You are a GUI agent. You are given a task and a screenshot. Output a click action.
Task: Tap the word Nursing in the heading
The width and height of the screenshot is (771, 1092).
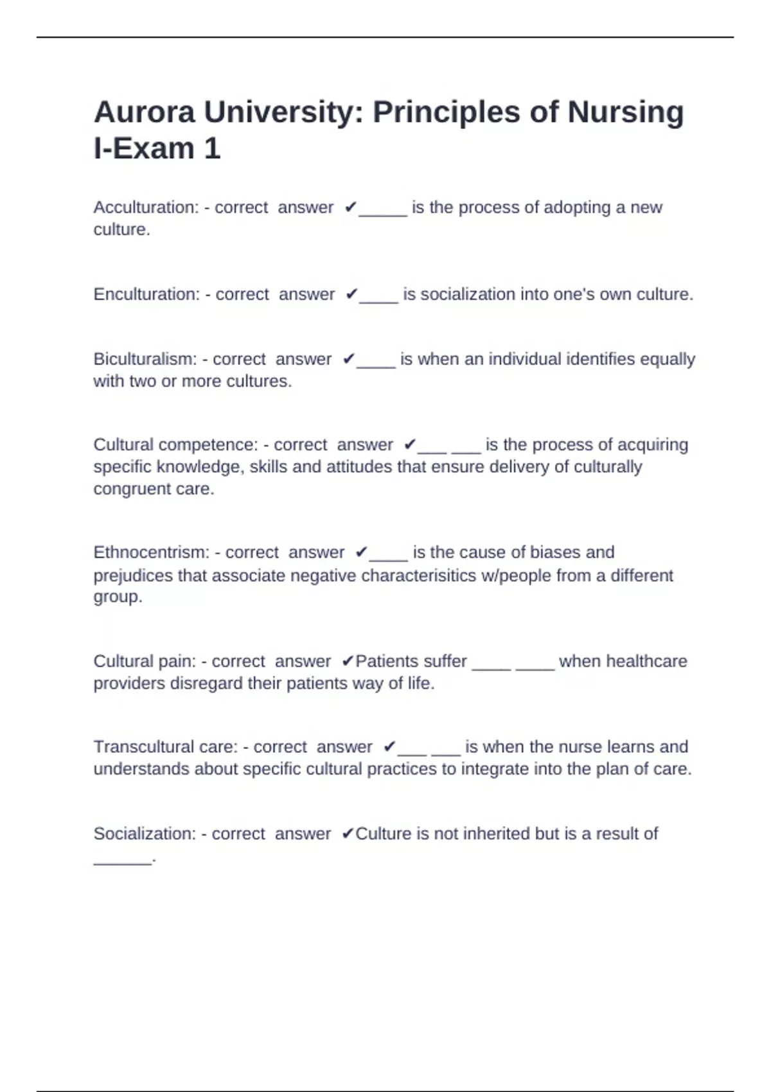point(625,112)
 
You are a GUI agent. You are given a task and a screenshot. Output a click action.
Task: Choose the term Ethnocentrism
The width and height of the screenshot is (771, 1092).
point(151,552)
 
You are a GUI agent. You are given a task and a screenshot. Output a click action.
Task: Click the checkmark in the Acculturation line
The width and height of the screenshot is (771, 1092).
point(350,207)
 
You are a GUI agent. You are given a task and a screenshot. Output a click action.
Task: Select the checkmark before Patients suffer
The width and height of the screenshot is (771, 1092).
point(348,661)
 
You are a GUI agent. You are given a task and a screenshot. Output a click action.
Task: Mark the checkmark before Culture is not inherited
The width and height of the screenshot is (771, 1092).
point(348,834)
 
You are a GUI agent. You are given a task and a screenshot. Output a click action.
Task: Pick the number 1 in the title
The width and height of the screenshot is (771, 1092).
point(212,149)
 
